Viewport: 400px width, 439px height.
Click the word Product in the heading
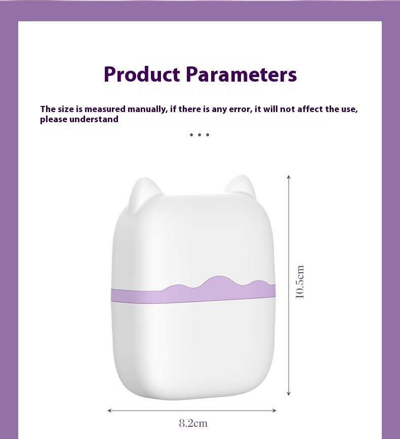pyautogui.click(x=142, y=74)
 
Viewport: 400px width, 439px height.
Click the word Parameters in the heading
pyautogui.click(x=241, y=74)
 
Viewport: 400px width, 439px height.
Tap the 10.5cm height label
pyautogui.click(x=300, y=282)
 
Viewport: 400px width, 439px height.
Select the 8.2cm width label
pyautogui.click(x=193, y=423)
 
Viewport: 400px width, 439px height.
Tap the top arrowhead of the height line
pyautogui.click(x=289, y=176)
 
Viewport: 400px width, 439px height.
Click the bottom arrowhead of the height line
pyautogui.click(x=289, y=394)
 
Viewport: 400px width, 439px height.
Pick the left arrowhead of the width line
pyautogui.click(x=110, y=411)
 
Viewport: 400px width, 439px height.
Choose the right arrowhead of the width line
pyautogui.click(x=274, y=411)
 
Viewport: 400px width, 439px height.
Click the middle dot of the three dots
pyautogui.click(x=199, y=135)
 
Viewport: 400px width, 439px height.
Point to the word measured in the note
pyautogui.click(x=105, y=109)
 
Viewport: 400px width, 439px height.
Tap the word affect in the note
pyautogui.click(x=310, y=109)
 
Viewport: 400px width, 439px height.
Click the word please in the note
pyautogui.click(x=54, y=120)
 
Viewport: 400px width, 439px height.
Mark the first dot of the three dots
pyautogui.click(x=191, y=135)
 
